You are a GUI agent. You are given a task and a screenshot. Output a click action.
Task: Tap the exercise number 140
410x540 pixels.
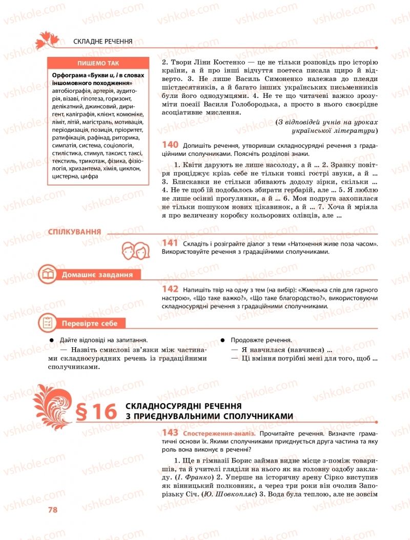click(170, 145)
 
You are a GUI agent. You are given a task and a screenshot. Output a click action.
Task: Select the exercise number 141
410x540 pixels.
click(170, 243)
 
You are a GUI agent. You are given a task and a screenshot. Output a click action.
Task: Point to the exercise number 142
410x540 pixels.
click(170, 289)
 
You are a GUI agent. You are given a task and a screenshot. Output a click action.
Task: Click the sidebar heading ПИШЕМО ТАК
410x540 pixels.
click(97, 64)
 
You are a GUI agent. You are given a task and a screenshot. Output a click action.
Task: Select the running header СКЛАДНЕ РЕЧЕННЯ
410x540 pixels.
click(103, 41)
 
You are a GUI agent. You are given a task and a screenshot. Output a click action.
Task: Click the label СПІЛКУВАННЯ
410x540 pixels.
click(74, 232)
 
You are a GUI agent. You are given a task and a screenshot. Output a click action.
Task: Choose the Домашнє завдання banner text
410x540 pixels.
click(97, 275)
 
